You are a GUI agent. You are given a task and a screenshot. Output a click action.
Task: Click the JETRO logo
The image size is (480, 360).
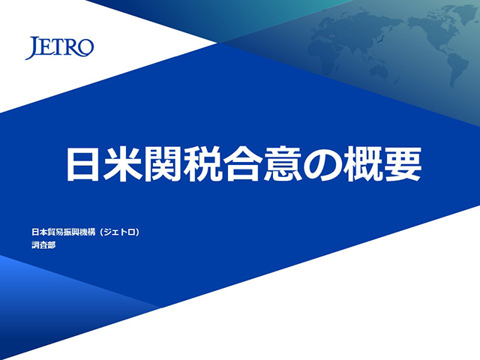59,47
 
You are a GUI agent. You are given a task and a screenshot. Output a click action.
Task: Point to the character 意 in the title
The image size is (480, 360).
283,163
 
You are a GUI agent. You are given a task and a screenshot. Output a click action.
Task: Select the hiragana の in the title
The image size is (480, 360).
322,164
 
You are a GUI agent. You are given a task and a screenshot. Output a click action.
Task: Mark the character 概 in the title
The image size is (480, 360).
362,163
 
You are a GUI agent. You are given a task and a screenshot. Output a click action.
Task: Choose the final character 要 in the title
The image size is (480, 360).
403,163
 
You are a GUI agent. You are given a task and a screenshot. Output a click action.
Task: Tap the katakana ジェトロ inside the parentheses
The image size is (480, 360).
119,232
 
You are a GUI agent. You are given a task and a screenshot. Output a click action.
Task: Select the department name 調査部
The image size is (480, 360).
43,245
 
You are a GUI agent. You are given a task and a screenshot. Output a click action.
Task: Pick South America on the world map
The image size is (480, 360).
457,69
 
